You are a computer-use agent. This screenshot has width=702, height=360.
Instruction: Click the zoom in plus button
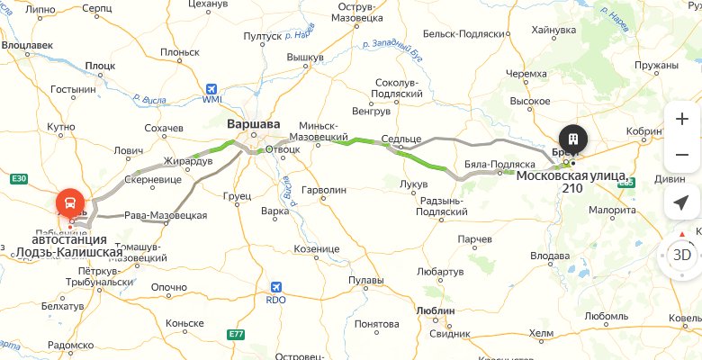click(x=681, y=119)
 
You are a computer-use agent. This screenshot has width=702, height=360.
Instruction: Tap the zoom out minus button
click(x=681, y=155)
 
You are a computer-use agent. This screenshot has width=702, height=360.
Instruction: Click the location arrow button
click(x=681, y=203)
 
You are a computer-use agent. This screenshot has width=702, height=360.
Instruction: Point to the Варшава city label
click(x=254, y=124)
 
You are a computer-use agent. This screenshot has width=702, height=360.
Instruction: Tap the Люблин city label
click(x=437, y=310)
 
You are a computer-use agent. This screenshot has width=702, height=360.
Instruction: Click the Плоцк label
click(x=100, y=66)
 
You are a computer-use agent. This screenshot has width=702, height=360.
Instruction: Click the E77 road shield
click(x=236, y=334)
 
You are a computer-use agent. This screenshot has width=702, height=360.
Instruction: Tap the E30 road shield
click(x=20, y=179)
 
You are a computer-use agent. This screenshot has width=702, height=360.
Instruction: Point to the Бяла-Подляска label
click(x=499, y=165)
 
